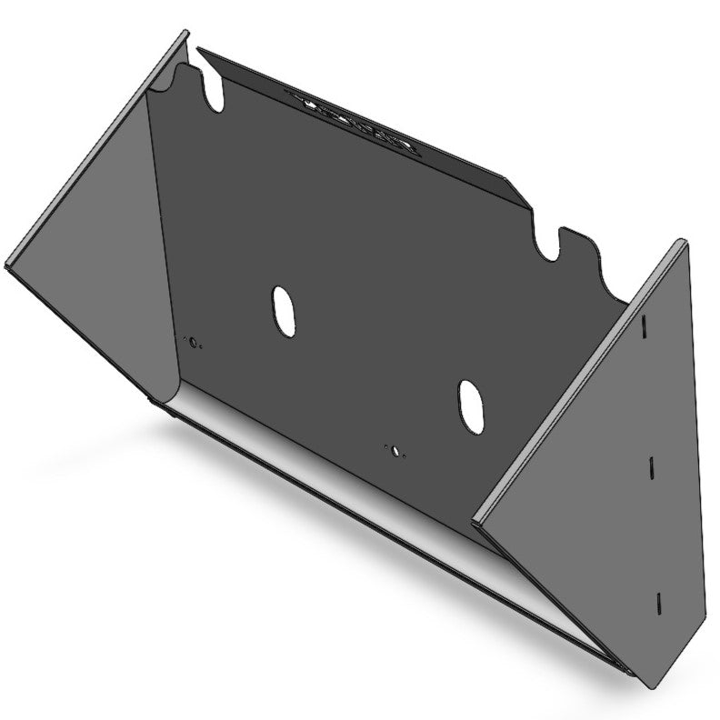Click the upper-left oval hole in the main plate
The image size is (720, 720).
tap(284, 312)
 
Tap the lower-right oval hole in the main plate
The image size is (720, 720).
tap(470, 405)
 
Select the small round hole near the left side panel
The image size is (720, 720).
tap(192, 342)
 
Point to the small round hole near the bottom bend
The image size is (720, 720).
tap(395, 449)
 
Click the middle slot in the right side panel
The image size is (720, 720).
tap(651, 465)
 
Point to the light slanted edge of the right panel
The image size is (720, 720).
tap(582, 382)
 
